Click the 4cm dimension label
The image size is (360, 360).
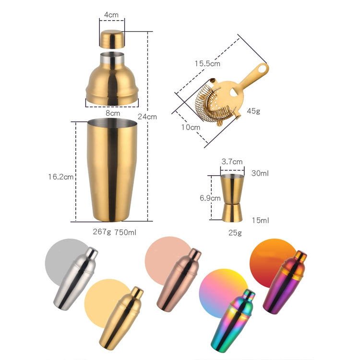pos(112,15)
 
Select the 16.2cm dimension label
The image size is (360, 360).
pos(60,177)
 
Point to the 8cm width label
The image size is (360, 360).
pos(113,113)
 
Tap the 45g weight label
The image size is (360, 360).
pos(253,111)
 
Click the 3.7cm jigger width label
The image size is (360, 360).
pos(232,162)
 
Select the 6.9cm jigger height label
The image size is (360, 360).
pos(210,197)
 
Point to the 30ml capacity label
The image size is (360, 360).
pos(260,173)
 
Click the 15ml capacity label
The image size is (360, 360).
pos(260,220)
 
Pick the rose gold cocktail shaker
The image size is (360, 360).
pos(178,280)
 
